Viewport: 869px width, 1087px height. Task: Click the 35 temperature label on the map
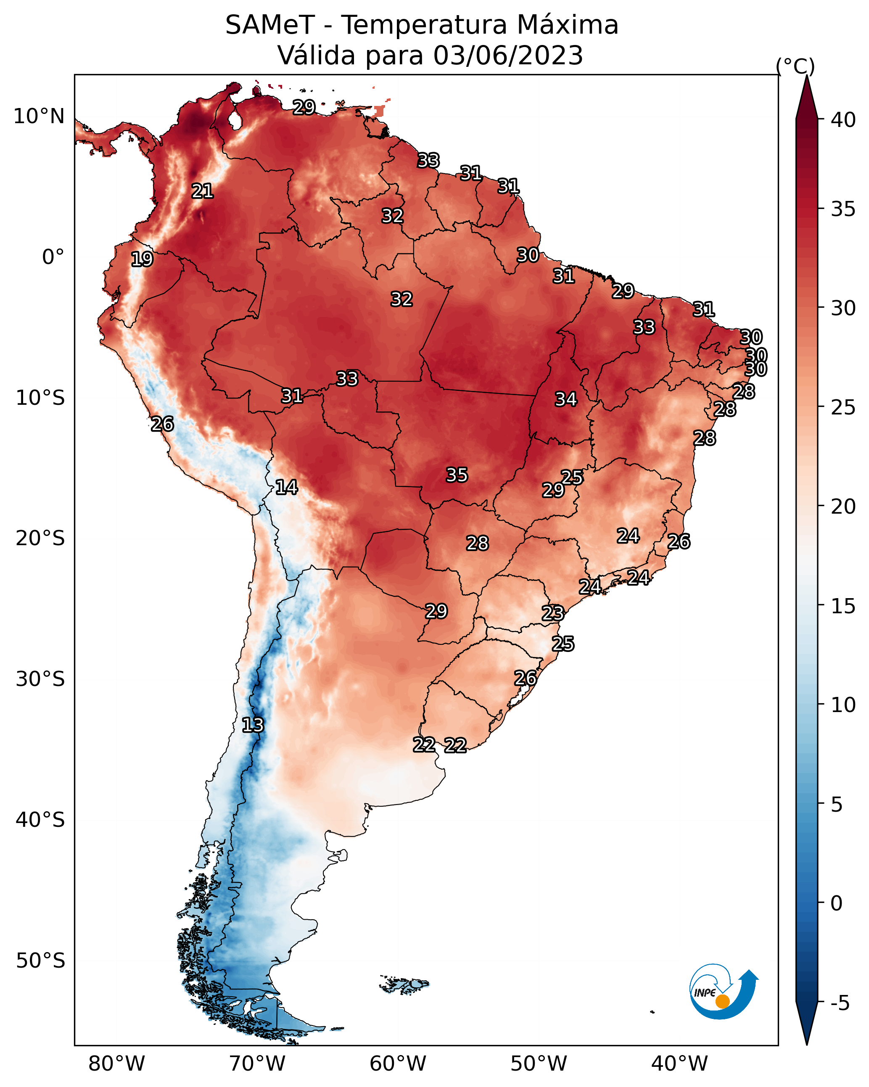[457, 475]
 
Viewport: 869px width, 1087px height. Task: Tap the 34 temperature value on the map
[566, 399]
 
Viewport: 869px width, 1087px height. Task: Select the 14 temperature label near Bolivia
[286, 487]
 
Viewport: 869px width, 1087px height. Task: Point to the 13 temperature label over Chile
[253, 725]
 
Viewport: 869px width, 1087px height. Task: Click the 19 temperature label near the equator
[142, 259]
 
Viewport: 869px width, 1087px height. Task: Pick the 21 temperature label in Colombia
[202, 191]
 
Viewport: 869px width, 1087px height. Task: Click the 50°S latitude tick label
[40, 961]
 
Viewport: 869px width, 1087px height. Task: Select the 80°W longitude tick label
[116, 1064]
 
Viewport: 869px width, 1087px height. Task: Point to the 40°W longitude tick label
[680, 1064]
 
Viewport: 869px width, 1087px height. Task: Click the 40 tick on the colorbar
[843, 120]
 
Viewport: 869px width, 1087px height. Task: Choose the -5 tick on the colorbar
[840, 1003]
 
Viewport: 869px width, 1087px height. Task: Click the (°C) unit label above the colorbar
[795, 66]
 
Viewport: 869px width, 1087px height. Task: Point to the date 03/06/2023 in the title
[508, 55]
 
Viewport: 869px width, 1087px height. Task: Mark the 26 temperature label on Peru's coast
[162, 424]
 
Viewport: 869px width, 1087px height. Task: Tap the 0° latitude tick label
[53, 257]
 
